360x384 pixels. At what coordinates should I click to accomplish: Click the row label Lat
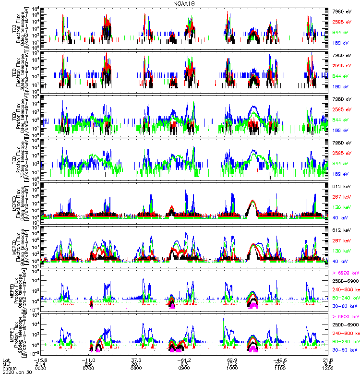click(6, 360)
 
